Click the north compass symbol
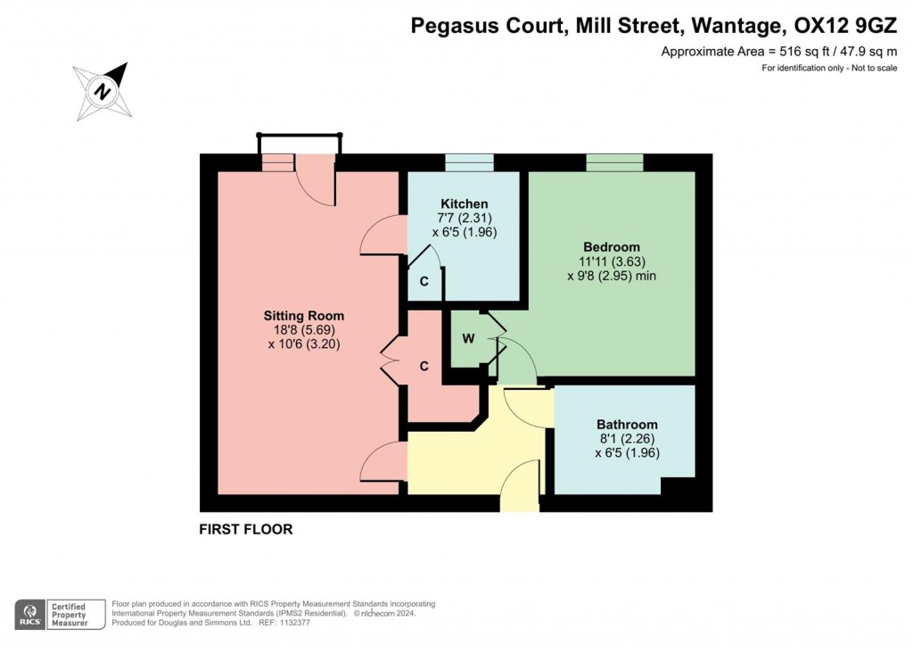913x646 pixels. [103, 90]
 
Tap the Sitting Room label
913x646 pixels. [303, 316]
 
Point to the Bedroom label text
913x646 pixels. [612, 246]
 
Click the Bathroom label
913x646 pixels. [627, 424]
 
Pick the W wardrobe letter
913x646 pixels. [466, 339]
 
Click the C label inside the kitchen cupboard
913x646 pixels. [424, 281]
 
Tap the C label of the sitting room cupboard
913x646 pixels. [424, 366]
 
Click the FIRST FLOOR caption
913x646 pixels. [245, 529]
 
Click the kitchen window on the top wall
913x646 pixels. [469, 161]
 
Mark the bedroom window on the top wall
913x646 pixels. [614, 161]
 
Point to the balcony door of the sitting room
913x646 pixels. [315, 177]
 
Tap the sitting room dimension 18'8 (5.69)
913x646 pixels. [303, 329]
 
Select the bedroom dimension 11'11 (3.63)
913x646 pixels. [612, 261]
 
